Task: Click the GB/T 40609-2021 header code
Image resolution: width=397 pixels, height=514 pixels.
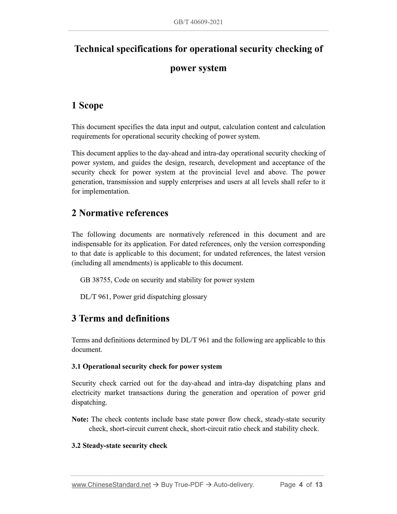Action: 198,22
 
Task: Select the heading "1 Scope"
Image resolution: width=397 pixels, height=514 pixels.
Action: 87,105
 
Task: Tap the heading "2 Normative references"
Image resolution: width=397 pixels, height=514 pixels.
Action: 120,213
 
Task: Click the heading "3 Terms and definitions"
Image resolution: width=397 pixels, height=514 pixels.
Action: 120,318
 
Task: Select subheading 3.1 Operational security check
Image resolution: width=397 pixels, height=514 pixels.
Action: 146,366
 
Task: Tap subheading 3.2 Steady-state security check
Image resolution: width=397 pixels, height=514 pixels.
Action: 119,446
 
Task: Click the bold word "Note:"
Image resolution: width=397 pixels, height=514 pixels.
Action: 80,419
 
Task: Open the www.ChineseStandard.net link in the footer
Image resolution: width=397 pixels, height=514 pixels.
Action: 111,485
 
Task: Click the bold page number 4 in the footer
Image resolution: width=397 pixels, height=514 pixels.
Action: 301,485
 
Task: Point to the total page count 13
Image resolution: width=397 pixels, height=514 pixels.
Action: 319,485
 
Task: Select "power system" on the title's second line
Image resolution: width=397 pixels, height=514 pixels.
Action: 198,68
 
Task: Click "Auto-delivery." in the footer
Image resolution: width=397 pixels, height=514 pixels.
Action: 234,485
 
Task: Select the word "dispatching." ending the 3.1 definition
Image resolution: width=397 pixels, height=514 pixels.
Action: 89,402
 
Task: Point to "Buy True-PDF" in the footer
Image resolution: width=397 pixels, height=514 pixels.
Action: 182,485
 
